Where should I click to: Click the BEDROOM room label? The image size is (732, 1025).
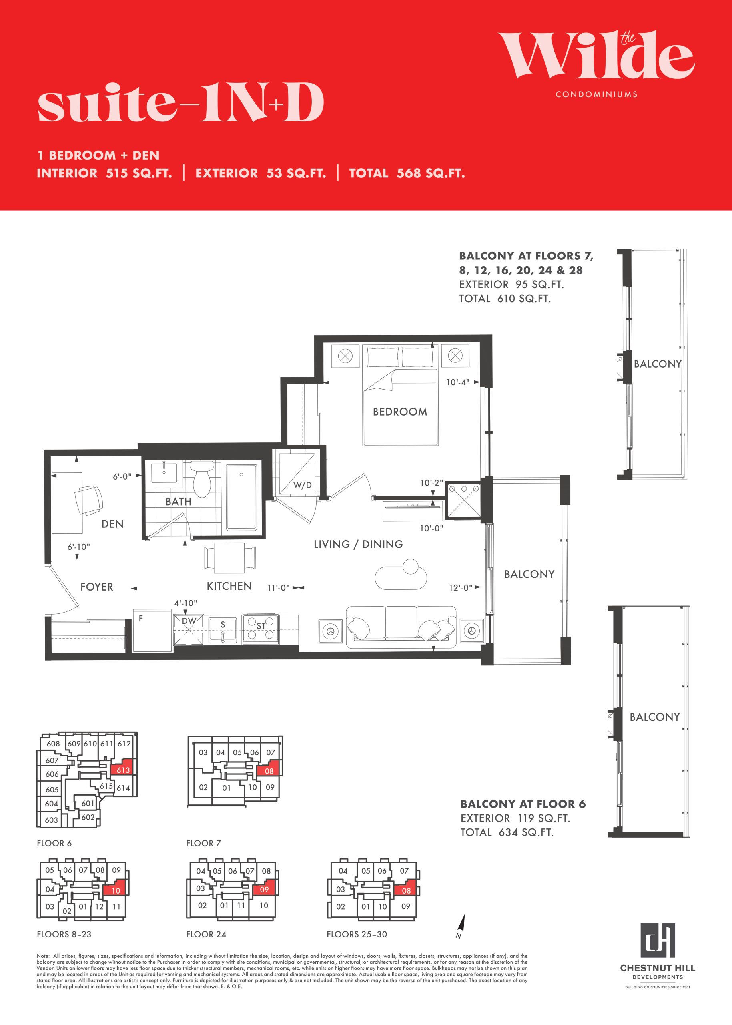click(400, 412)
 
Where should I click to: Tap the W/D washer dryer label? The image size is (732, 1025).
click(302, 485)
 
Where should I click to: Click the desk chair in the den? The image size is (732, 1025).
click(89, 500)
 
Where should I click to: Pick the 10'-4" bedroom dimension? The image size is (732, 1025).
click(458, 382)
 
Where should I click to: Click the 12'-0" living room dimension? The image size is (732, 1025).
click(460, 588)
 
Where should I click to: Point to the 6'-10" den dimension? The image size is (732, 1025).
click(79, 547)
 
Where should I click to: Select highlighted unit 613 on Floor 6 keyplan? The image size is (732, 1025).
click(123, 770)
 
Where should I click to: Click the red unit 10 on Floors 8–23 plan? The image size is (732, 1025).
click(116, 890)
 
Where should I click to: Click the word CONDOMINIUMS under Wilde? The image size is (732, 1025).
click(596, 95)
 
